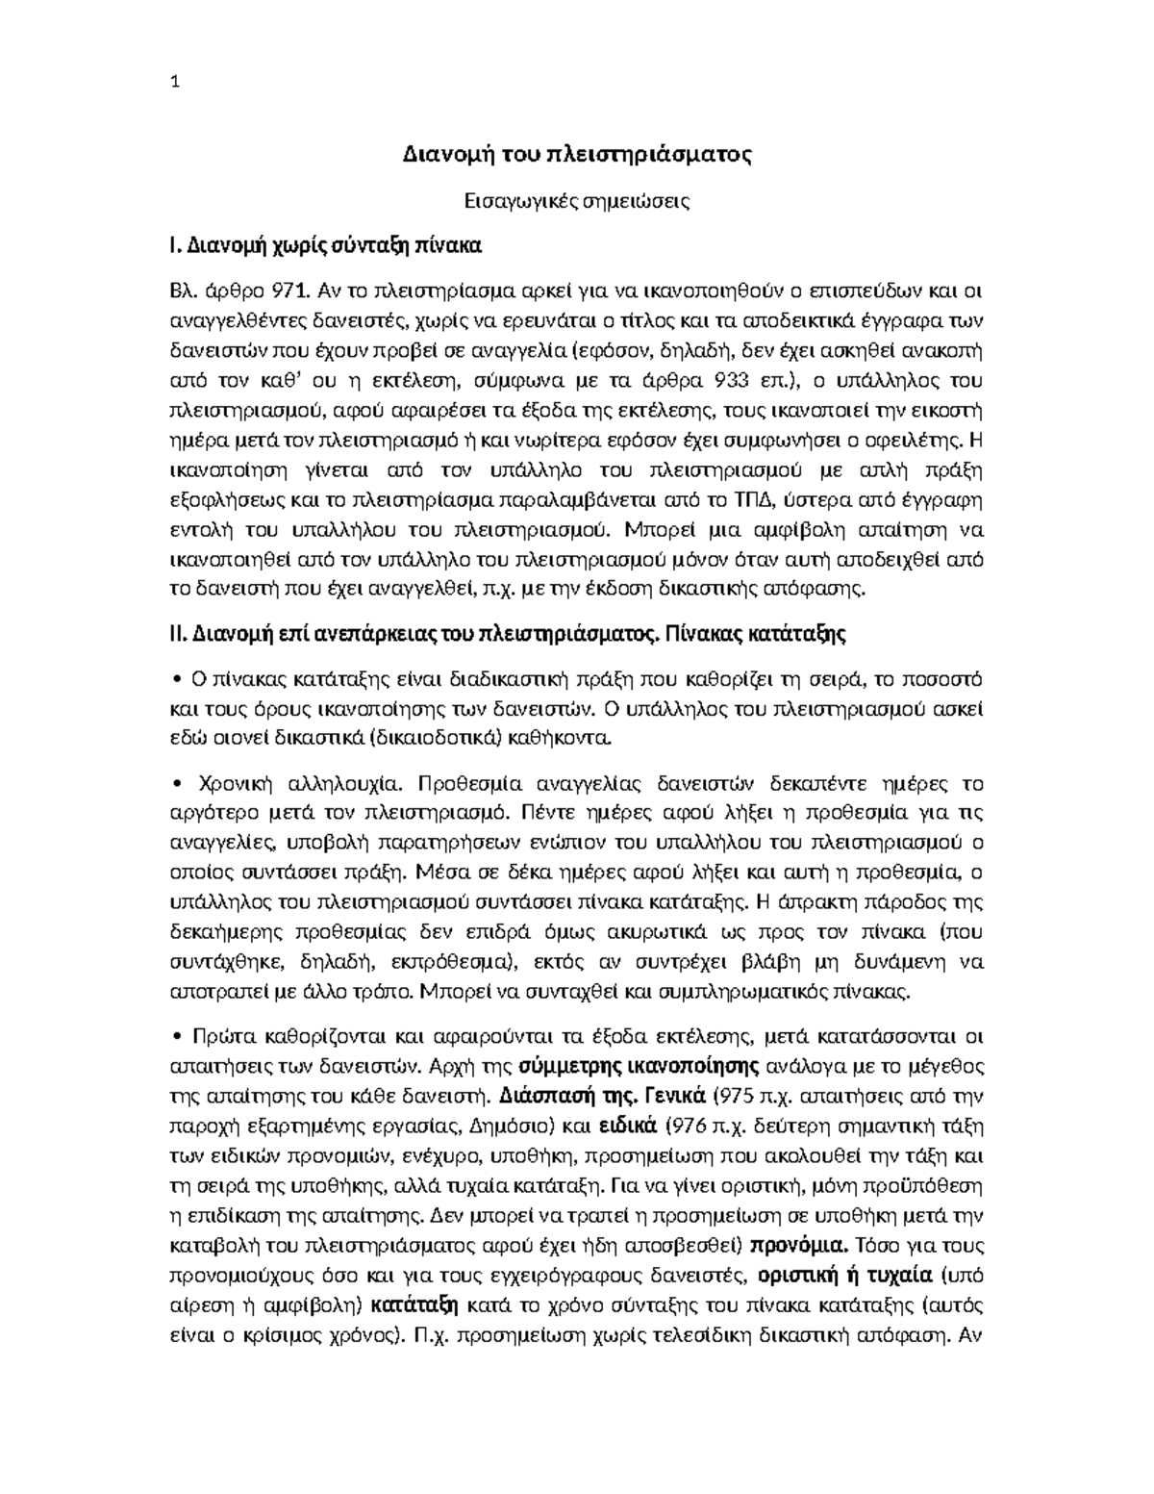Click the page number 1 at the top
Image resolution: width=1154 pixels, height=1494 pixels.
tap(174, 83)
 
